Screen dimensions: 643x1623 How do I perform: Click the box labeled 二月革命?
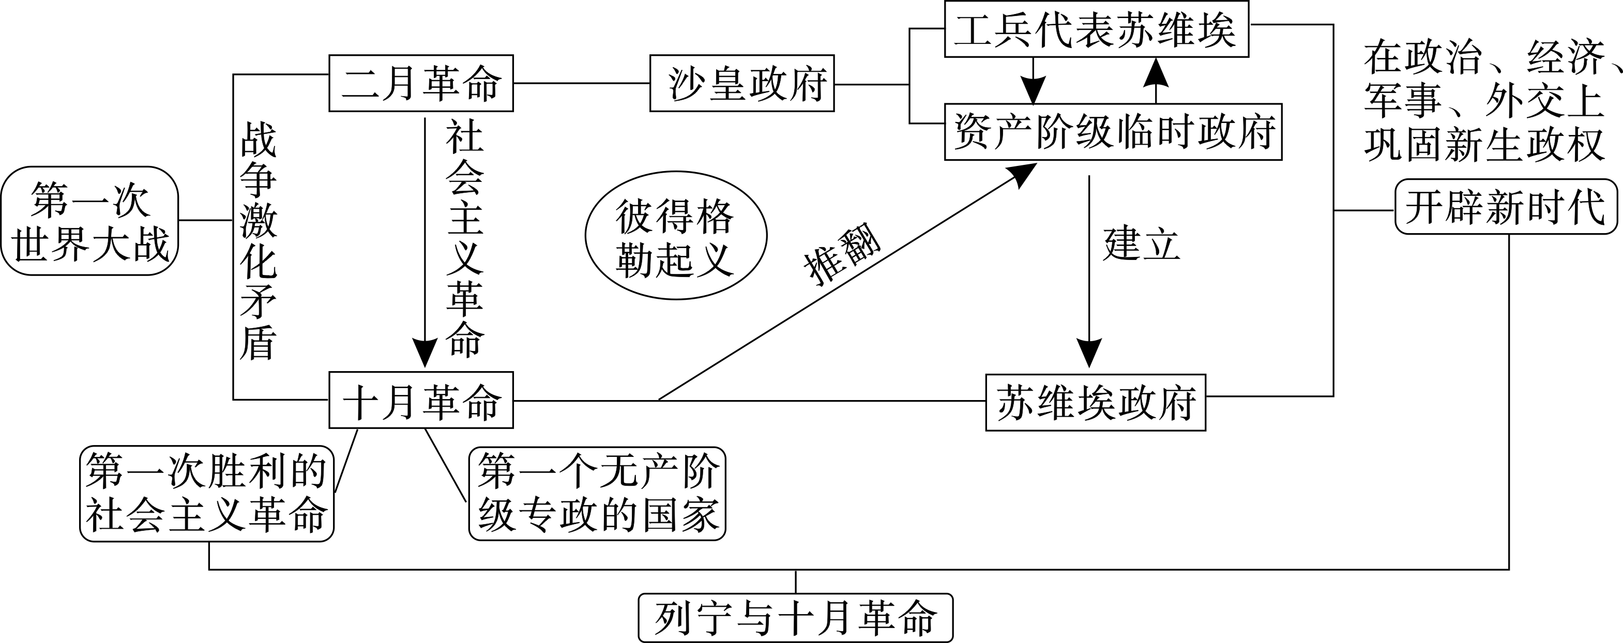point(421,83)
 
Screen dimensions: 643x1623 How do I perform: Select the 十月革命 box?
point(421,401)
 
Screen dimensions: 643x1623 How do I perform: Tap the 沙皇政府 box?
point(741,84)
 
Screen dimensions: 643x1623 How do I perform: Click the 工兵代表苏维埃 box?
point(1096,30)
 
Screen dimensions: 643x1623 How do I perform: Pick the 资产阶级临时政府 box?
point(1113,132)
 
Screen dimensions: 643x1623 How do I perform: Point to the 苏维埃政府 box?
point(1095,403)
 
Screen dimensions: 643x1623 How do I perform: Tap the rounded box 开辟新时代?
point(1506,207)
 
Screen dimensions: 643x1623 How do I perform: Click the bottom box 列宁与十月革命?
point(795,618)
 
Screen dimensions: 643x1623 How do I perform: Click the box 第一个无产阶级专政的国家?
point(597,494)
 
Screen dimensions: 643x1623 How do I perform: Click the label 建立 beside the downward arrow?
point(1141,244)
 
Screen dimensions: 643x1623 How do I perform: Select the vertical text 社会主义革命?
point(465,239)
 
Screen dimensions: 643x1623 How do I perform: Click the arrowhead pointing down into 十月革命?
point(424,352)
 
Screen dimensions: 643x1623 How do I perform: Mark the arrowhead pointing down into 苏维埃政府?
point(1089,353)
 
